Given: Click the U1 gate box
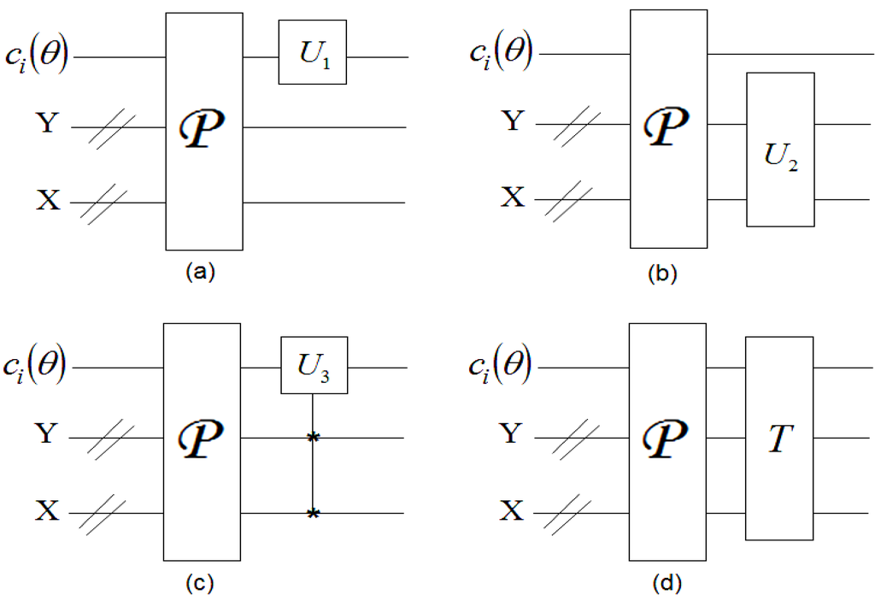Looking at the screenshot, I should pyautogui.click(x=312, y=52).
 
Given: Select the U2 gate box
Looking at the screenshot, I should pyautogui.click(x=780, y=150).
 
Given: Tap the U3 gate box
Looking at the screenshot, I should pyautogui.click(x=314, y=365).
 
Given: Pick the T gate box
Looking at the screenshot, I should pyautogui.click(x=779, y=438).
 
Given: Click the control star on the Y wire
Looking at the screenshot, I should pyautogui.click(x=314, y=438).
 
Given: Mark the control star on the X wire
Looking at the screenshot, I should pyautogui.click(x=314, y=513).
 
